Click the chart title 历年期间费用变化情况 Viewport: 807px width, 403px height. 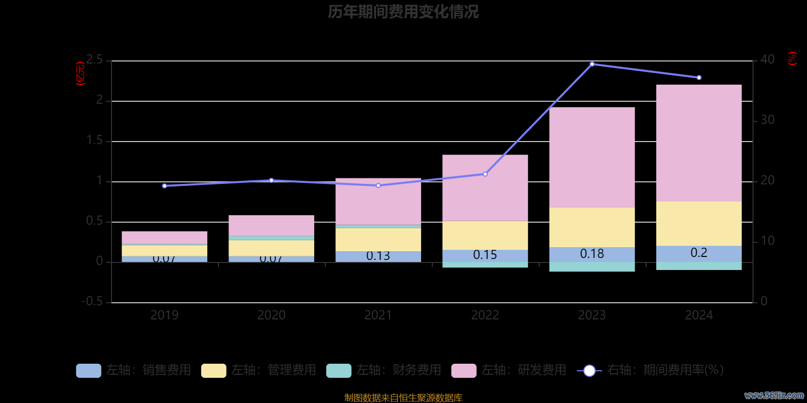(403, 12)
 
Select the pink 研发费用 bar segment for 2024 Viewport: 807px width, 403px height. (699, 143)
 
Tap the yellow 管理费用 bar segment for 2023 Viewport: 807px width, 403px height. (592, 227)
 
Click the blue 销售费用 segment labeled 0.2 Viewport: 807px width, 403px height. (699, 253)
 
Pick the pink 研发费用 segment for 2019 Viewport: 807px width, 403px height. (164, 238)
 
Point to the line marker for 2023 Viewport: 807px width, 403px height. (592, 64)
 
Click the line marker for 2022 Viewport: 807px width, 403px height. (485, 174)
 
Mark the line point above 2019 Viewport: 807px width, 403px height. (164, 186)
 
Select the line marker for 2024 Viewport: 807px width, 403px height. (699, 78)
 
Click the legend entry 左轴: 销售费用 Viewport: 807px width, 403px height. (134, 370)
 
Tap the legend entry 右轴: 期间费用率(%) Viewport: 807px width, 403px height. (650, 370)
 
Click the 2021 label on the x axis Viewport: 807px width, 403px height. (378, 315)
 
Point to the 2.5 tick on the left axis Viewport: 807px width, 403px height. (94, 60)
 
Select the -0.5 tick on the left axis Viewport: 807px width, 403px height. (92, 301)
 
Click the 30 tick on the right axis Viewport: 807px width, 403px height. (767, 120)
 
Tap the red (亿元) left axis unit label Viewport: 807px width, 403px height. (80, 74)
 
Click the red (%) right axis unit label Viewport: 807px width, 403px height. (792, 58)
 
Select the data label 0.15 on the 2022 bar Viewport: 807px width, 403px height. (485, 255)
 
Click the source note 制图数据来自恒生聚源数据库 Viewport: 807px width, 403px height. (403, 398)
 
